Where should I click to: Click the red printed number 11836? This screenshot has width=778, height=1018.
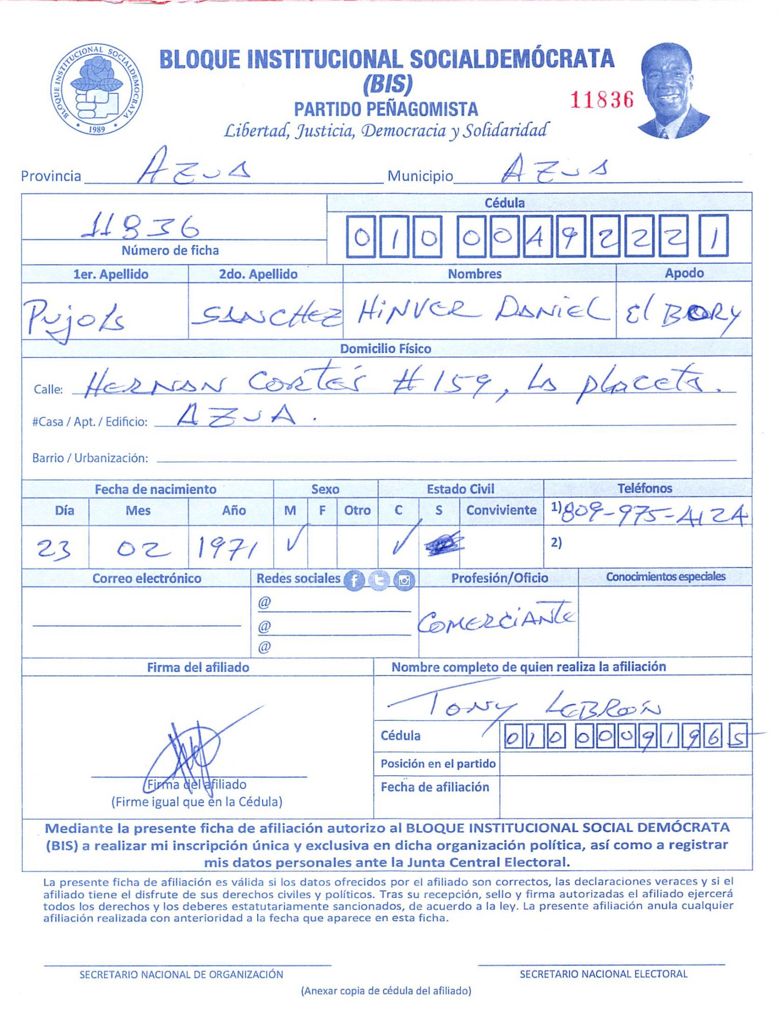(602, 100)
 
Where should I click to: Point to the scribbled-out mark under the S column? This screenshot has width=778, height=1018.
(444, 544)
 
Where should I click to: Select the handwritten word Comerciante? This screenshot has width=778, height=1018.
(496, 618)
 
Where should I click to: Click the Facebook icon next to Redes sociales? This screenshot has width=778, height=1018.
(354, 580)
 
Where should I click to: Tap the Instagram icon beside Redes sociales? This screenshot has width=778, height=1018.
(404, 580)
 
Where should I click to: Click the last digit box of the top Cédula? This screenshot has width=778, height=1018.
(713, 236)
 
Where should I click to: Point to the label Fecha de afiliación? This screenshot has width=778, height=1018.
(435, 787)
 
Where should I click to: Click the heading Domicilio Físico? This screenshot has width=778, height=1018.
(385, 349)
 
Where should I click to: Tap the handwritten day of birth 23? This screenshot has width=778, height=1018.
(53, 550)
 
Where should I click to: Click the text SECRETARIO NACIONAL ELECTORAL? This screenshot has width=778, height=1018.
(603, 974)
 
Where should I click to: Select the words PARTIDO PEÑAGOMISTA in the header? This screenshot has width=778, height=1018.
(385, 109)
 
